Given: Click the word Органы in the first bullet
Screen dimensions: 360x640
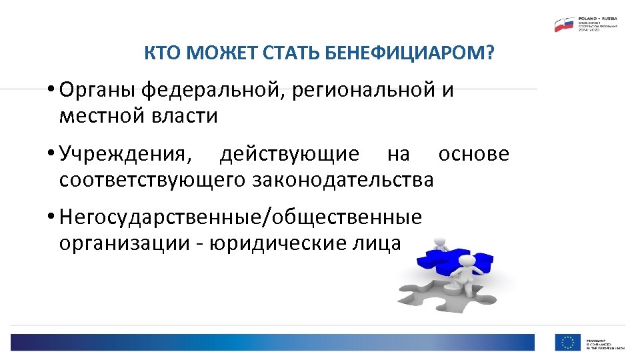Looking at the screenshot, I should (x=98, y=90).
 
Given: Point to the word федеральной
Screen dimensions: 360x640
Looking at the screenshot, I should (x=213, y=90).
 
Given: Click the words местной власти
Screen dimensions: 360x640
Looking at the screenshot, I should (x=138, y=116).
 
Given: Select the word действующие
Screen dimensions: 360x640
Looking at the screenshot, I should (x=289, y=155).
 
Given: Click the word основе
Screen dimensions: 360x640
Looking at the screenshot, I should (x=473, y=155).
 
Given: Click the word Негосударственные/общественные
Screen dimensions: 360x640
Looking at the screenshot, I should (x=240, y=218).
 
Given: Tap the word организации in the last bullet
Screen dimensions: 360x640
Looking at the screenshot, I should (x=125, y=244).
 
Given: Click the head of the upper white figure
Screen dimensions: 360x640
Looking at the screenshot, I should (x=439, y=242).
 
